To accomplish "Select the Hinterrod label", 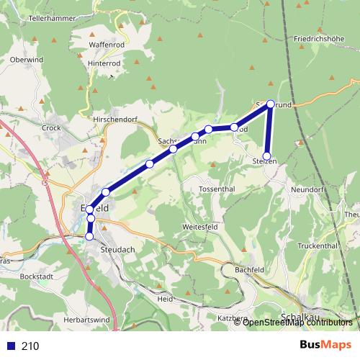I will coord(104,63).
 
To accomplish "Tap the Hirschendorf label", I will coord(114,117).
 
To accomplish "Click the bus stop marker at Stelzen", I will coord(266,156).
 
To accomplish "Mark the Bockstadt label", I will coord(38,276).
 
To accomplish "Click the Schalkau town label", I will coord(297,317).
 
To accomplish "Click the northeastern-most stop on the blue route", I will coord(271,104).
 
